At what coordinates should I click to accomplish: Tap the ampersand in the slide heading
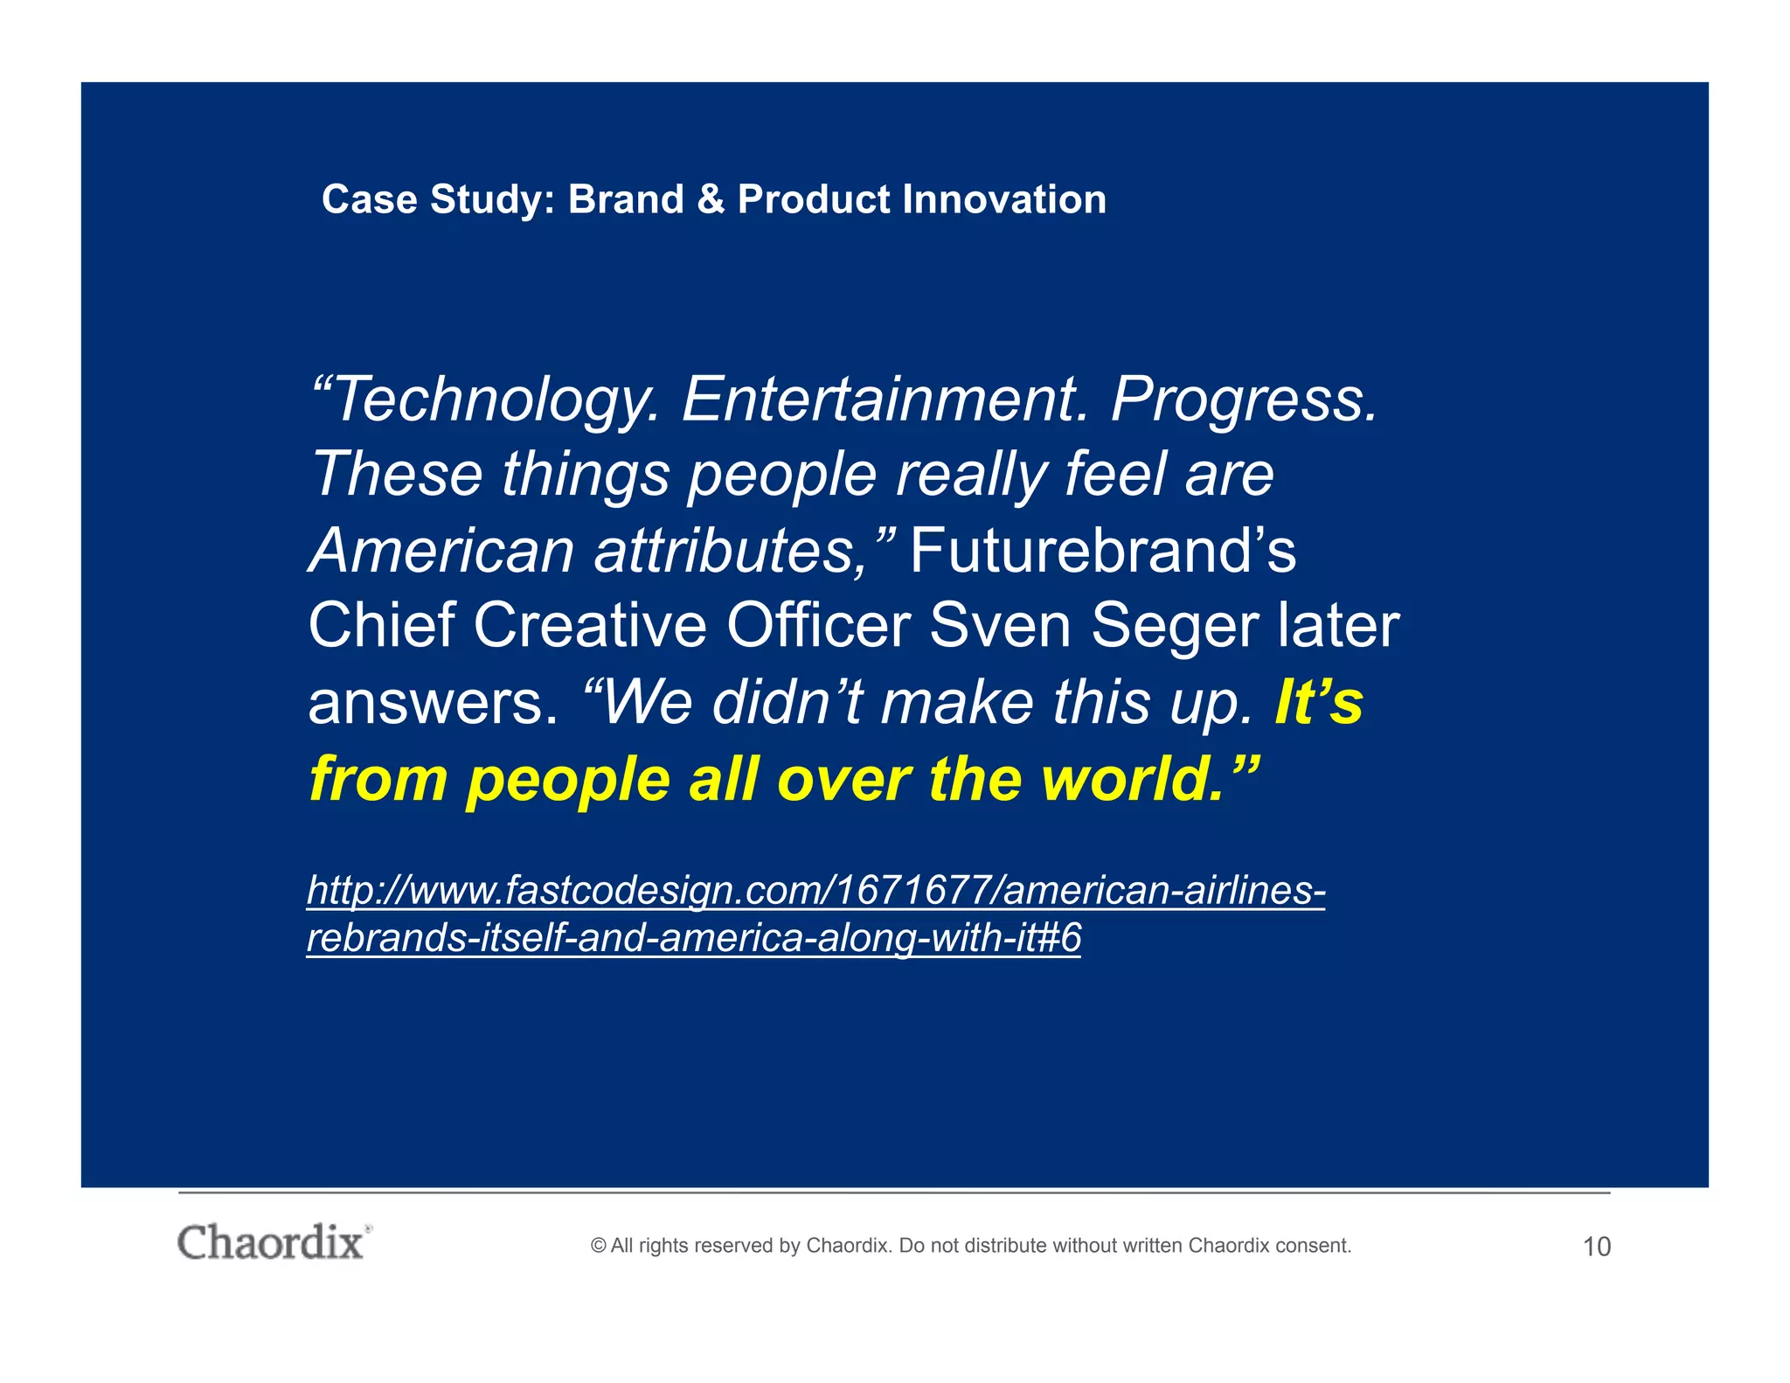711,199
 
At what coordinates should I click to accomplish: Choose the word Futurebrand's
1103,551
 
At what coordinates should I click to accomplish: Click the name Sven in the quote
1000,626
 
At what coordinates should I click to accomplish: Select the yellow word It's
1318,702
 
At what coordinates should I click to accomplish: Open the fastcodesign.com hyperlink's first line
815,891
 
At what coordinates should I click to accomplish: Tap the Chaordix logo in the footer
272,1242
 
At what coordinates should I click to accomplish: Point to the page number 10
1596,1247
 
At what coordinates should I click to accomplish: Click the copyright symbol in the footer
598,1246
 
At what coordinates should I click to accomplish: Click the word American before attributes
442,551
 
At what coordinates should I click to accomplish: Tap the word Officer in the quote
818,626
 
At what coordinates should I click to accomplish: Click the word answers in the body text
433,703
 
